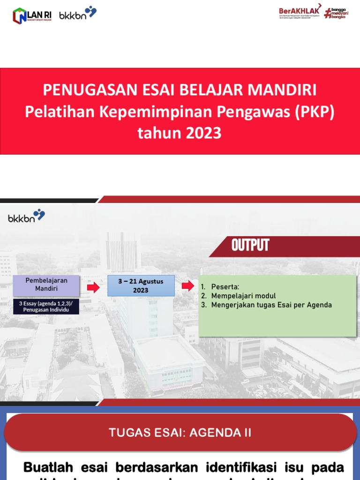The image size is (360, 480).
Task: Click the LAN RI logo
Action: coord(32,15)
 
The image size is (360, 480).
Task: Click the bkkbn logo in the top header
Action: coord(78,14)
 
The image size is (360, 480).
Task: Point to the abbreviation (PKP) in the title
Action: coord(313,112)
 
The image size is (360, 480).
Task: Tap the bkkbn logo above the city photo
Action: coord(26,217)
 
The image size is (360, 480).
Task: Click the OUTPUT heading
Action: coord(250,245)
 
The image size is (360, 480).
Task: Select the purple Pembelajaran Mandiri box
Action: coord(46,285)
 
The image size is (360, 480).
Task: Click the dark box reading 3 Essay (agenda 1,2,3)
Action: coord(46,307)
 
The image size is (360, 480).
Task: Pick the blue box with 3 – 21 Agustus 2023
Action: coord(141,285)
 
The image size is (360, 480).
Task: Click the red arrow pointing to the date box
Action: coord(94,287)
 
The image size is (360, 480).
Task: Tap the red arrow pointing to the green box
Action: coord(187,286)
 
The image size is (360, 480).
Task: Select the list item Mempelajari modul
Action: coord(243,296)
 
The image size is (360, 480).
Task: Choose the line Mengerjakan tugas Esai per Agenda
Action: coord(271,305)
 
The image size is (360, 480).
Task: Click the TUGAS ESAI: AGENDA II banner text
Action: coord(180,433)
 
